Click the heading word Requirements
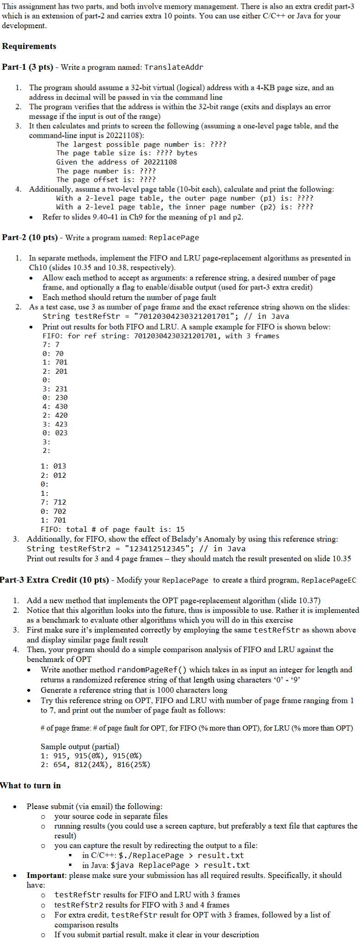(x=29, y=46)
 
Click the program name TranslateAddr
(x=174, y=67)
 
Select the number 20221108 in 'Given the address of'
(x=160, y=162)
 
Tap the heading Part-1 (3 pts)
(x=27, y=67)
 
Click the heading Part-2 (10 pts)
(x=30, y=238)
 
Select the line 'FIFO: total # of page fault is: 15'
(x=113, y=529)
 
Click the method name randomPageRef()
(x=152, y=670)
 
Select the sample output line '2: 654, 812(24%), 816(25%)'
(x=95, y=765)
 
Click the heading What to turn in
(x=31, y=786)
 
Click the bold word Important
(x=46, y=875)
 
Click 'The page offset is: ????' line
(x=106, y=180)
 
